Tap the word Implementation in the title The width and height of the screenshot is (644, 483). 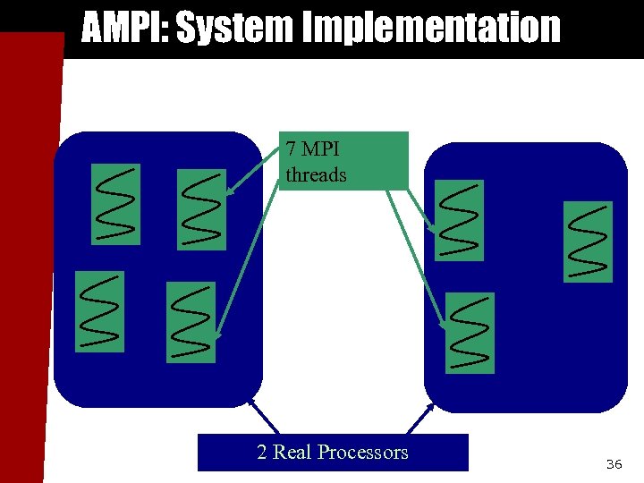click(434, 28)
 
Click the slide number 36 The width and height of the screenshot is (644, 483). click(614, 464)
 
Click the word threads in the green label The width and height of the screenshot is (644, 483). click(316, 174)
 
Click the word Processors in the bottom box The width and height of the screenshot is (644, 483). click(362, 452)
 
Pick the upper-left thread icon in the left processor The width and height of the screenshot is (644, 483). click(116, 204)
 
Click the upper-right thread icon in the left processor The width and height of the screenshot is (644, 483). click(202, 210)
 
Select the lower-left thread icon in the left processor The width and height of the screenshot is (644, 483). click(99, 311)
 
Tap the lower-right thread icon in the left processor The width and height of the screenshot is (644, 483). click(191, 322)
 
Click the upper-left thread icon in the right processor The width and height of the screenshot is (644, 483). click(459, 219)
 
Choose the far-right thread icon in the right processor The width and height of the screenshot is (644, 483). click(588, 241)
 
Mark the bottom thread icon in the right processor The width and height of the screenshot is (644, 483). click(470, 333)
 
